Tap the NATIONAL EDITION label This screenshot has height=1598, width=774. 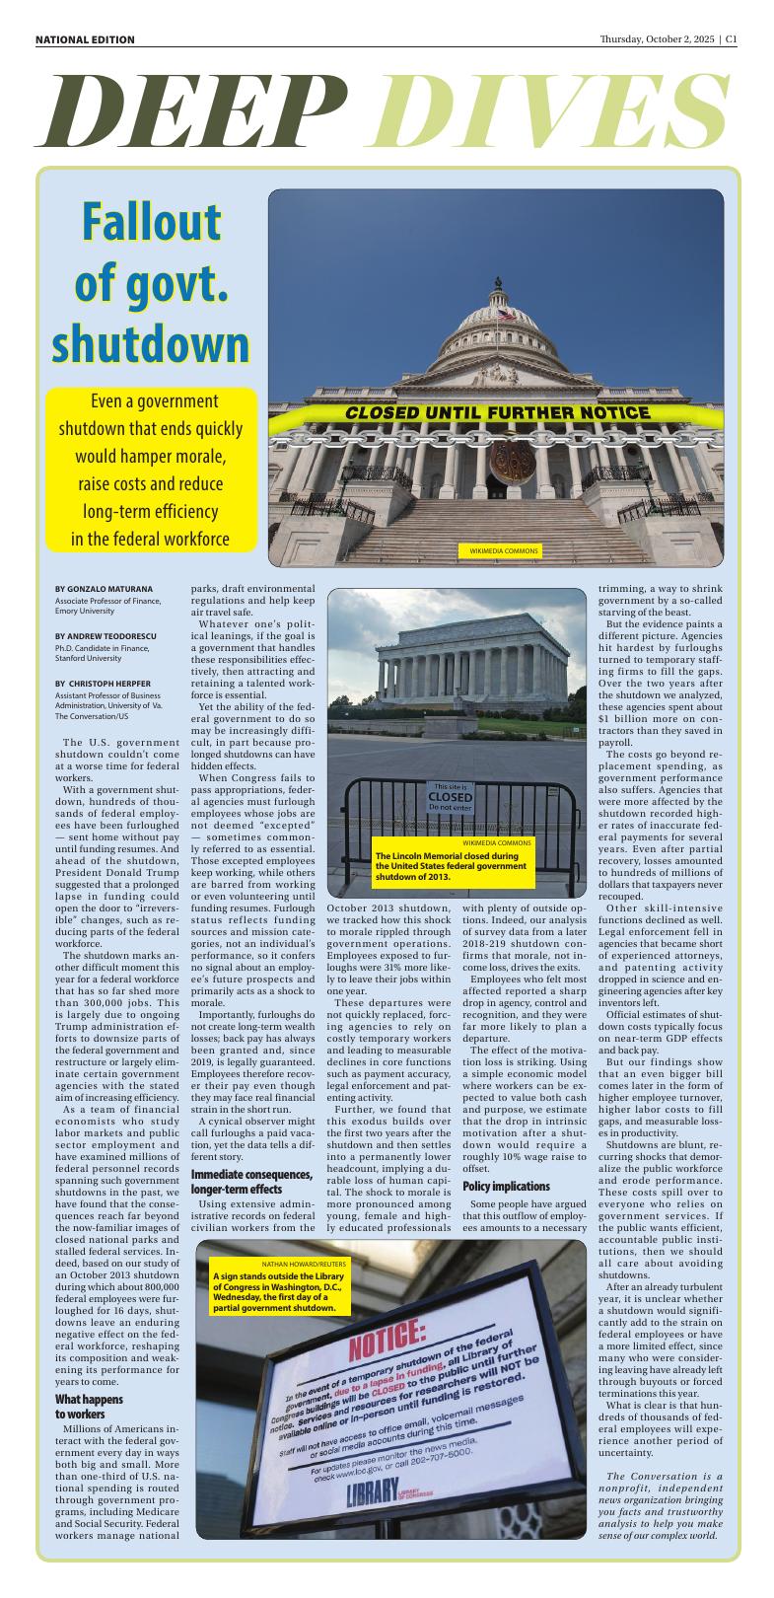click(x=85, y=39)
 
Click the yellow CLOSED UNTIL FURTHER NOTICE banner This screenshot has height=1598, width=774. click(x=497, y=412)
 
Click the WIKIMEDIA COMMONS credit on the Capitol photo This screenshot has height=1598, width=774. click(x=497, y=549)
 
